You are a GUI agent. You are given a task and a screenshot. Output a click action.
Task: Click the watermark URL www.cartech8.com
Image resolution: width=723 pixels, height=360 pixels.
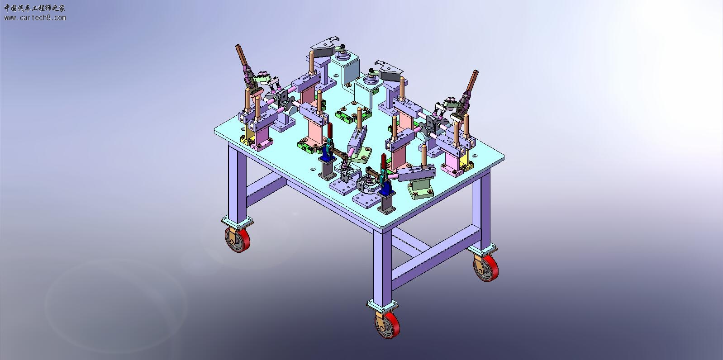(x=35, y=18)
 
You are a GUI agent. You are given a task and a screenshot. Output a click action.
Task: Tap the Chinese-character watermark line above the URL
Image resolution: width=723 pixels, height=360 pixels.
(x=34, y=8)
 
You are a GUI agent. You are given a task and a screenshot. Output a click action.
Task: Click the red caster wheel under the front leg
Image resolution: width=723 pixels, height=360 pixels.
(x=388, y=325)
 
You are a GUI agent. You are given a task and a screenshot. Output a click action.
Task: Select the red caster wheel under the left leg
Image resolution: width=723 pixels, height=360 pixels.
(x=238, y=239)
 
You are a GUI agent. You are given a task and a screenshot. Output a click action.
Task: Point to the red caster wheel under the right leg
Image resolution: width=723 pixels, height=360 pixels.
(x=486, y=268)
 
